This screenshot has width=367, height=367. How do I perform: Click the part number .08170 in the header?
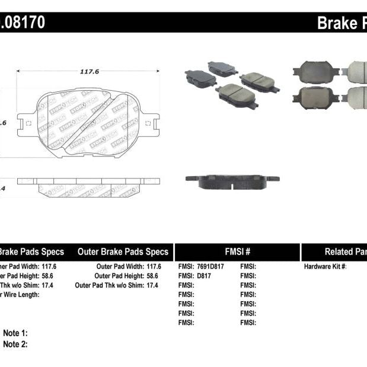click(x=22, y=23)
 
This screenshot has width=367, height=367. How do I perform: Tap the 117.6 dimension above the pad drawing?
click(x=89, y=71)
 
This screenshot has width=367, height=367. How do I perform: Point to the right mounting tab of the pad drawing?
click(x=151, y=123)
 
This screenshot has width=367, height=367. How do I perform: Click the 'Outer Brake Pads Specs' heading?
click(x=123, y=252)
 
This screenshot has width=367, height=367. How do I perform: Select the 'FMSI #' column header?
click(x=237, y=252)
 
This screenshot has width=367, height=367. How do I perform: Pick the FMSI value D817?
click(x=205, y=276)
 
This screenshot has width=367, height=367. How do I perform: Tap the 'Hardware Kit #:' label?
click(x=325, y=267)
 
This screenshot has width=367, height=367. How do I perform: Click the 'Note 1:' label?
click(x=15, y=333)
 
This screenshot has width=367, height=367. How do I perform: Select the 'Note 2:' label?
click(x=15, y=344)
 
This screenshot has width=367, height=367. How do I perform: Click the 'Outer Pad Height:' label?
click(x=119, y=276)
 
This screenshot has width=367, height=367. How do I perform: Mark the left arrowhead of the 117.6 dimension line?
click(x=19, y=71)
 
